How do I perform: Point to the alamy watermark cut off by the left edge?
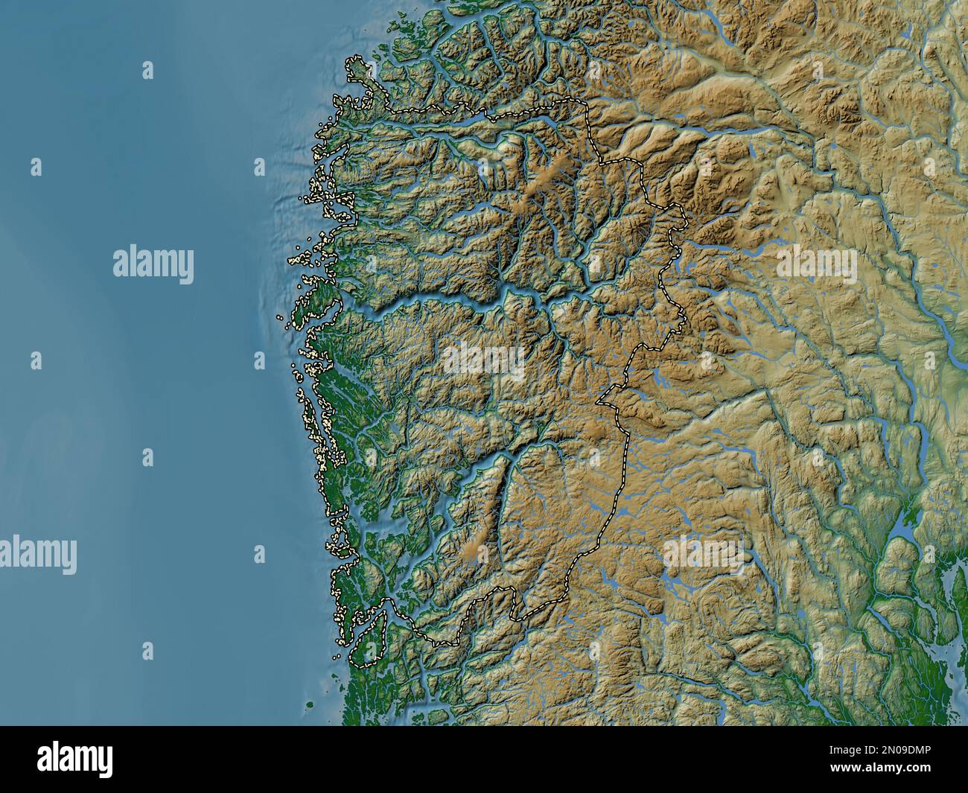(37, 555)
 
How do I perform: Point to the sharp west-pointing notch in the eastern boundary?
(600, 402)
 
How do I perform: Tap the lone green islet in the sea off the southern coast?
(311, 704)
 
